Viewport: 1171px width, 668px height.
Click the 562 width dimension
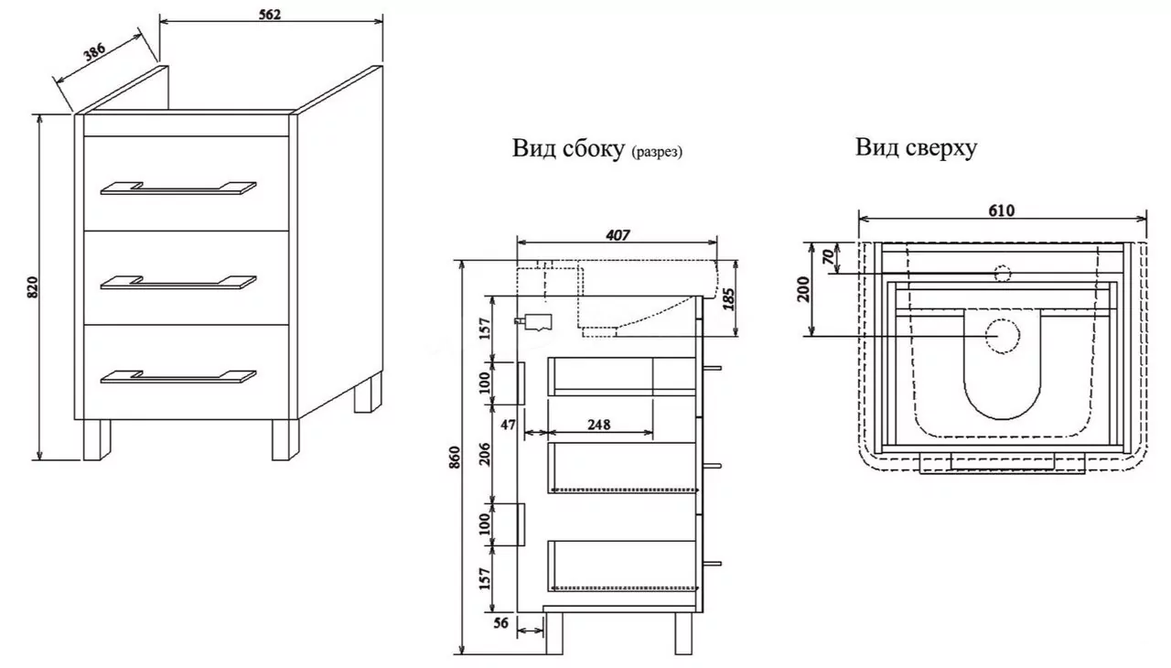point(270,14)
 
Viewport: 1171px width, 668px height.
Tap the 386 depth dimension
point(94,52)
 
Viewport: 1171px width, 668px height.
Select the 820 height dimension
point(32,287)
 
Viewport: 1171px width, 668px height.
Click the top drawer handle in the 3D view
point(178,189)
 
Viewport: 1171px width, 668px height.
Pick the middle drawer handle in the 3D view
point(178,282)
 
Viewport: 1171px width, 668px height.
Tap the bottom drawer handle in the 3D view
point(178,377)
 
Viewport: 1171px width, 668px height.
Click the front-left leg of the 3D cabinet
point(97,439)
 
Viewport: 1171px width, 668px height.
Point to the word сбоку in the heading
point(594,148)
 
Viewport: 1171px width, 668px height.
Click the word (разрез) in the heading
point(657,152)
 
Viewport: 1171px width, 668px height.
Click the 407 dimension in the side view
point(618,235)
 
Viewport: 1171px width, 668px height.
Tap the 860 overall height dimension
point(455,458)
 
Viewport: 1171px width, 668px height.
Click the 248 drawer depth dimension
point(598,425)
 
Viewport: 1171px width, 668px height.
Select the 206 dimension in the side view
point(486,454)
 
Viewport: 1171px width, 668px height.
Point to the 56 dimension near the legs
point(500,623)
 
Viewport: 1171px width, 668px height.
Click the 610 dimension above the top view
point(1002,210)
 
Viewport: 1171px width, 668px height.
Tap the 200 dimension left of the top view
point(803,289)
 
